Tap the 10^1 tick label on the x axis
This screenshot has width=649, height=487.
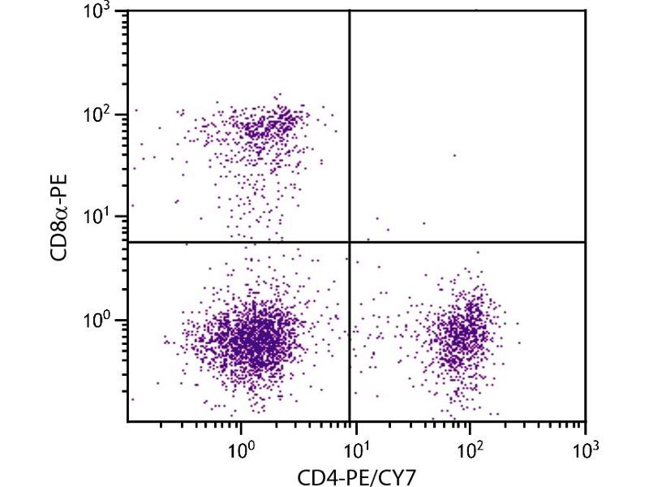(x=355, y=445)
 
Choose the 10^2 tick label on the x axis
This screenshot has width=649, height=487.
(x=470, y=445)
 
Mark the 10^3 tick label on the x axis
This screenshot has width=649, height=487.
(x=584, y=445)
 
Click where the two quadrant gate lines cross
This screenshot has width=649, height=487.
(x=350, y=242)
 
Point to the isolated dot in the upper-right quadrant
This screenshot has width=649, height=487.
(x=454, y=155)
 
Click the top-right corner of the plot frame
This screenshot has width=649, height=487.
(x=585, y=11)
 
